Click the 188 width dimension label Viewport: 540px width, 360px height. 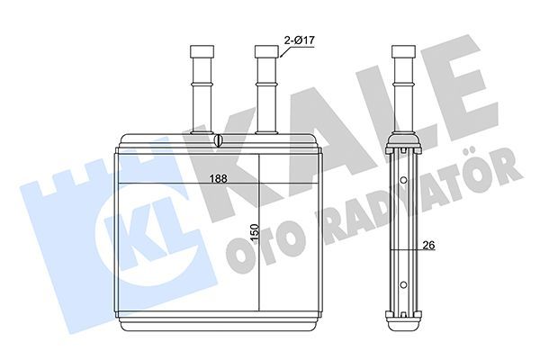219,178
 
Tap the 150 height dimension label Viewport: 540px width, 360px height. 254,232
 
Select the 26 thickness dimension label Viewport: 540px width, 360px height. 428,245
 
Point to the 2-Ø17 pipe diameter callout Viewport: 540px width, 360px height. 300,40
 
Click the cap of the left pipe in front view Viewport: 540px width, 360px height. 202,51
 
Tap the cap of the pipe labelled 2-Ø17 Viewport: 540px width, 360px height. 266,51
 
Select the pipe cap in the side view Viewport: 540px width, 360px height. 403,51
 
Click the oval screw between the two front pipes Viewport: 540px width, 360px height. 219,140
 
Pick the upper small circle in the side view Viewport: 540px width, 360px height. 403,180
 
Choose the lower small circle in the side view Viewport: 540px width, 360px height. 403,284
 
